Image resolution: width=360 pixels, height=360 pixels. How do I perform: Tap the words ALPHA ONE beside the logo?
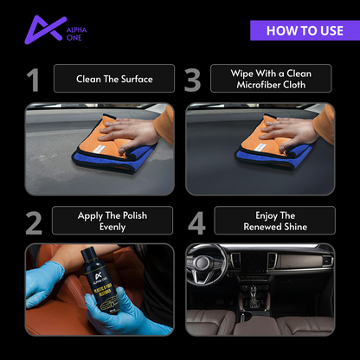point(76,31)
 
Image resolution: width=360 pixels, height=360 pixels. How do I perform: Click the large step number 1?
point(33,80)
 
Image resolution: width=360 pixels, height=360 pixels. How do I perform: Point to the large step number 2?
point(33,222)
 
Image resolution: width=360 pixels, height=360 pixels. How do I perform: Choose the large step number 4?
point(196,222)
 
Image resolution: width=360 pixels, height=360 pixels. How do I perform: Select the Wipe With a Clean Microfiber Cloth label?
point(271,80)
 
